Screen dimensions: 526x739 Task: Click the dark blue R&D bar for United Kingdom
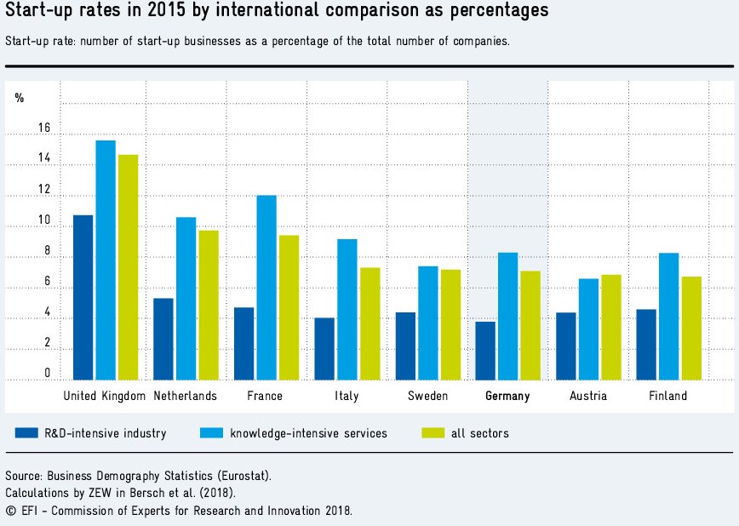[x=83, y=297]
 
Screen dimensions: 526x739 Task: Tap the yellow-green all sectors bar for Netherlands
[x=209, y=305]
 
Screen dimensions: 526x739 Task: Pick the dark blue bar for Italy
[x=324, y=349]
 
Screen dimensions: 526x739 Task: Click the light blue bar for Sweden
[x=427, y=323]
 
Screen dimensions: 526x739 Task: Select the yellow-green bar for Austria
[x=611, y=327]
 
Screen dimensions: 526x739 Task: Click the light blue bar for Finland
[x=668, y=316]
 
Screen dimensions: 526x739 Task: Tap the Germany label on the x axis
[x=507, y=396]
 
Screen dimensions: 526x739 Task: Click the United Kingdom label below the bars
[x=105, y=396]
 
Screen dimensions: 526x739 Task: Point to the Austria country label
[x=588, y=396]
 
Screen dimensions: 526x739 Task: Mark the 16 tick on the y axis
[x=43, y=129]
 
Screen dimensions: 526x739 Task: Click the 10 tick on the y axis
[x=43, y=220]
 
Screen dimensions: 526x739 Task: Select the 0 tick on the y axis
[x=47, y=373]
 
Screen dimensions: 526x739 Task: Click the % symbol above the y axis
[x=20, y=98]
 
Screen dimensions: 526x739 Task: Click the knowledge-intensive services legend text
[x=308, y=433]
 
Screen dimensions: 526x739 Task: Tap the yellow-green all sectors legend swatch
[x=433, y=433]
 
